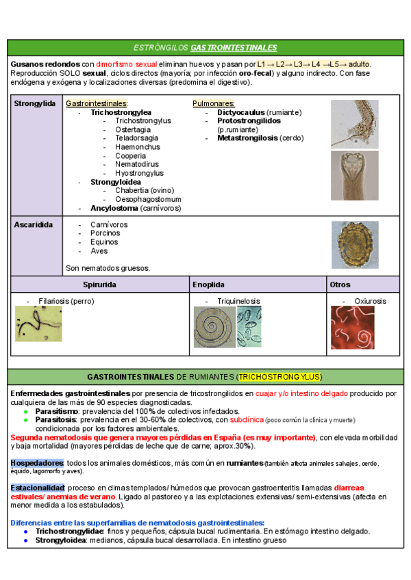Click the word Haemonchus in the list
138,147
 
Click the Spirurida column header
99,284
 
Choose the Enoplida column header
208,284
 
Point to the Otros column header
340,284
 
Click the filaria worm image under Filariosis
39,324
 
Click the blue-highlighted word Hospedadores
37,463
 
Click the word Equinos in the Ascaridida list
104,242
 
